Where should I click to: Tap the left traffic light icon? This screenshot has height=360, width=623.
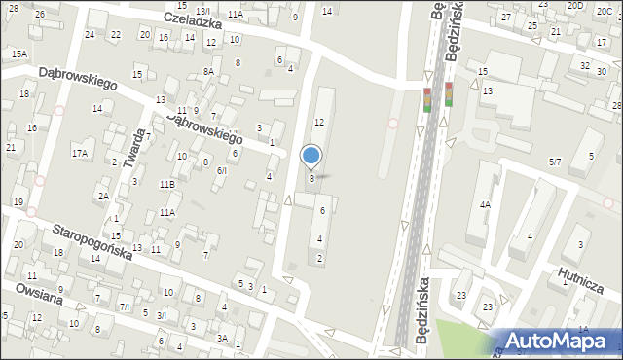426,99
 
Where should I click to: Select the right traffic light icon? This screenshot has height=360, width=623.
449,94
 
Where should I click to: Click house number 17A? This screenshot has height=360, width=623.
80,154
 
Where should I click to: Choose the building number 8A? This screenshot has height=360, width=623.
208,72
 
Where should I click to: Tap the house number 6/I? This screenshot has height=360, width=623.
222,170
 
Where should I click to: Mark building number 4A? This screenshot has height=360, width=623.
484,205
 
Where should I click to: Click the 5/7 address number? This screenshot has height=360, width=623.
556,162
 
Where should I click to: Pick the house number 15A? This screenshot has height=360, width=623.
19,55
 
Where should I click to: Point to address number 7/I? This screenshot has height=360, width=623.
124,306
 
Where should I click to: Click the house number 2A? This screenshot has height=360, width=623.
102,196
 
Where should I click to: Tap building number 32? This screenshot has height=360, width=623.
584,66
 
